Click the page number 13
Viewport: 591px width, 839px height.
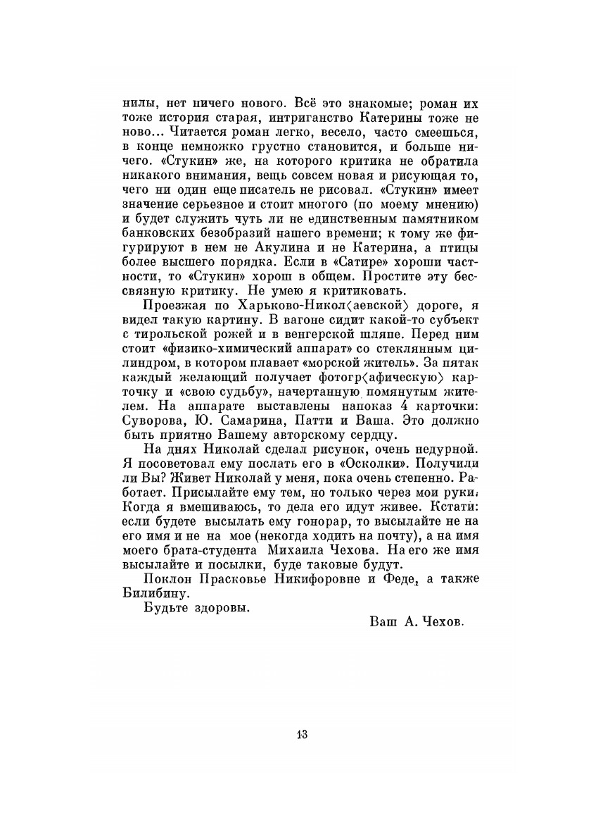(x=302, y=734)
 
